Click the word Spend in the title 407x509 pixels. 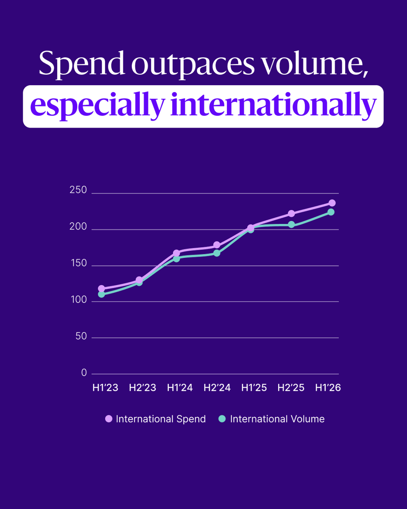[82, 64]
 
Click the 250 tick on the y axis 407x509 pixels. [78, 190]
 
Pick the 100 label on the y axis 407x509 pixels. [79, 300]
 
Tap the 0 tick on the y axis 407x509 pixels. [84, 373]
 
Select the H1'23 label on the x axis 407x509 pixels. [105, 388]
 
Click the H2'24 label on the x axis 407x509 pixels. [217, 388]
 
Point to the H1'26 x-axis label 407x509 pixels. [328, 388]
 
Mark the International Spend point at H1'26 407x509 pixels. [332, 203]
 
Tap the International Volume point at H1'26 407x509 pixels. [331, 212]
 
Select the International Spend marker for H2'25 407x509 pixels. [291, 214]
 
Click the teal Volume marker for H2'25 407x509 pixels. [291, 224]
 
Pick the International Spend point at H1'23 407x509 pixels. [101, 288]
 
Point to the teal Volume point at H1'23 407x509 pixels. [101, 294]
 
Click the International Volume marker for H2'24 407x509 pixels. [217, 253]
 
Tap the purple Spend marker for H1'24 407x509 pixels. [176, 253]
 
